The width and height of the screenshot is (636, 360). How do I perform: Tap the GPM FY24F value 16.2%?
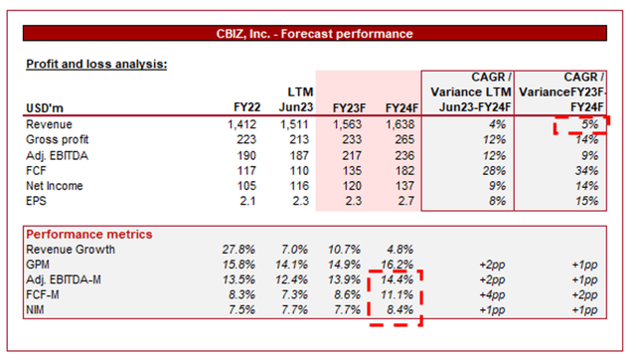[x=395, y=266]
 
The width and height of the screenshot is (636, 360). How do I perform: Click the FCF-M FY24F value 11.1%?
[x=395, y=295]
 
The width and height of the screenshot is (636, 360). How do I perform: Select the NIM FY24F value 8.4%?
[x=397, y=310]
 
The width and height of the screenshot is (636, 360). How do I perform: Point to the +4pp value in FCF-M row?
[x=491, y=295]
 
